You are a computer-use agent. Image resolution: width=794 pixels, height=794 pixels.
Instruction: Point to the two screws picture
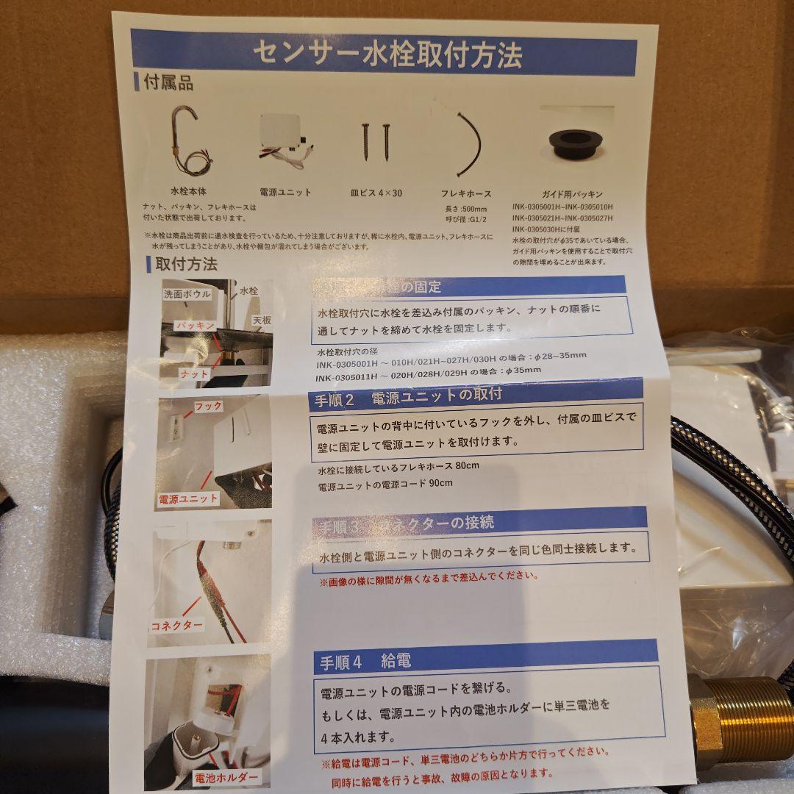(374, 142)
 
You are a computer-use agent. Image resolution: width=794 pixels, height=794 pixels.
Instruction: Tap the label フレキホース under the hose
(465, 195)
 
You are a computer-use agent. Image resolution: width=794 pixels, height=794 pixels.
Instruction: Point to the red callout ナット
(195, 373)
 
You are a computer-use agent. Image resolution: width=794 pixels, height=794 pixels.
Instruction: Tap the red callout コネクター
(176, 625)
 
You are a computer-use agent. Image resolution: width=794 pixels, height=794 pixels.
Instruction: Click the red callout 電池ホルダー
(226, 776)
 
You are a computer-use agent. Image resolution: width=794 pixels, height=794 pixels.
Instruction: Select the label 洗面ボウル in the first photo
(187, 294)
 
